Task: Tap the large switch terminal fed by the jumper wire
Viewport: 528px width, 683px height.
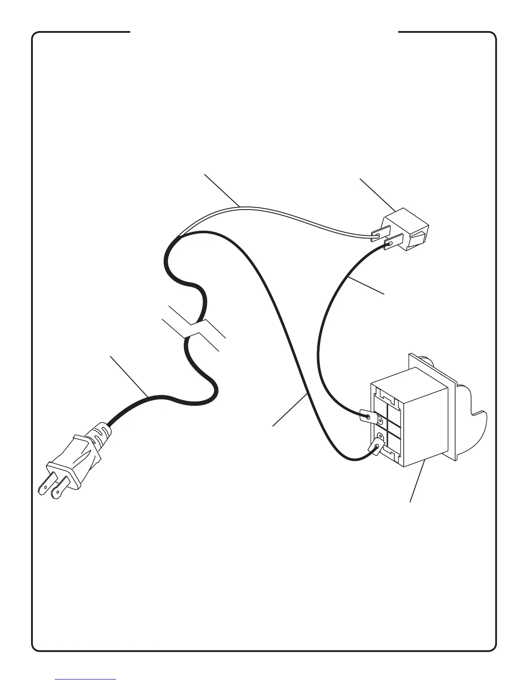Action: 367,417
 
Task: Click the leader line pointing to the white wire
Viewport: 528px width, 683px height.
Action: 222,190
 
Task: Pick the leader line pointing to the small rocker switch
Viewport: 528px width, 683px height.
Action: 377,194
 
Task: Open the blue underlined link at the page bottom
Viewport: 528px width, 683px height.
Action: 85,679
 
